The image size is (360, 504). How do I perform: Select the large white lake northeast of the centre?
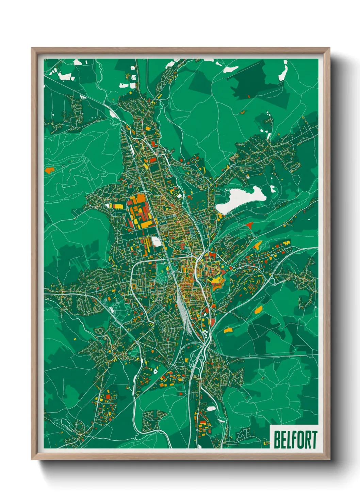[240, 199]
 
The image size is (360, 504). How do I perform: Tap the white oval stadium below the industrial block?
[157, 242]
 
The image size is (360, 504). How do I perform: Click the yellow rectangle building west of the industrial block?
[118, 206]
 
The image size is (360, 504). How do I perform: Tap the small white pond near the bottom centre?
[211, 408]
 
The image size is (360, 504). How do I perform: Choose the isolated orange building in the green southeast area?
[259, 310]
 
